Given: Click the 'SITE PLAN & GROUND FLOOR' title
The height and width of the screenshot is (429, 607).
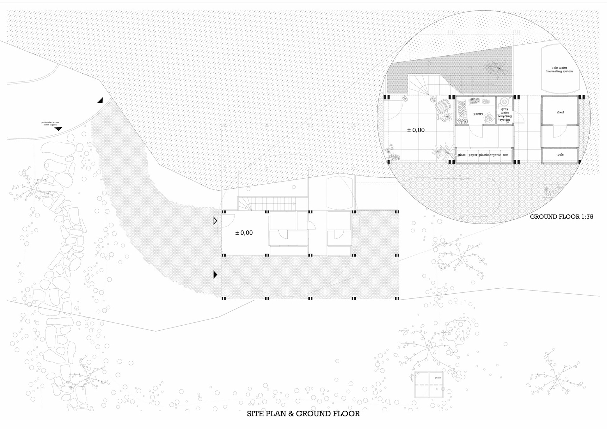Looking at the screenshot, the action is pos(303,414).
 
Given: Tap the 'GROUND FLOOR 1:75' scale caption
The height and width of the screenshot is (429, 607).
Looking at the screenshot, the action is pos(561,217).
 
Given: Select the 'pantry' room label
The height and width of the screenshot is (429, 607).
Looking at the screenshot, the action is pos(478,114).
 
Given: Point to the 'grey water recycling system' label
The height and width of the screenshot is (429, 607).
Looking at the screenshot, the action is pos(505,114).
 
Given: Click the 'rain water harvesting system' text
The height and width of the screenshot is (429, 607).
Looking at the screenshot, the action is pos(559,70).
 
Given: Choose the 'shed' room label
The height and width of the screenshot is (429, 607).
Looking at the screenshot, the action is pos(560,112).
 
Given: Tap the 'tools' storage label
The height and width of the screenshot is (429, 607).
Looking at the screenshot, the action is pos(560,155).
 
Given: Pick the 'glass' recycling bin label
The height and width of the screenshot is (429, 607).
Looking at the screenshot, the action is pos(462,155).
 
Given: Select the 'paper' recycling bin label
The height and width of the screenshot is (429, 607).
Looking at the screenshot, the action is pos(473,155).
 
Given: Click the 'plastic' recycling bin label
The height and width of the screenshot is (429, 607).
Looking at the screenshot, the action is pos(484,155).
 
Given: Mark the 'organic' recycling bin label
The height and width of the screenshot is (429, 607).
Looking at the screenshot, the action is pos(495,155).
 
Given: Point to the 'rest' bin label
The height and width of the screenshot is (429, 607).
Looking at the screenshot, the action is pos(506,155).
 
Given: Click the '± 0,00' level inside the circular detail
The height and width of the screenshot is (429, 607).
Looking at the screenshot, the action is pos(416,130).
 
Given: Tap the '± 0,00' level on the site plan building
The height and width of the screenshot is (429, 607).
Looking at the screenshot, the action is pos(244,233).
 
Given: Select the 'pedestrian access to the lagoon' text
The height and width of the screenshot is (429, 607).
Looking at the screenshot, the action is pos(50,123).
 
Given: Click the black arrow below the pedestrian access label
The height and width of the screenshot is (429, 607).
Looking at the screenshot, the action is pos(58,129).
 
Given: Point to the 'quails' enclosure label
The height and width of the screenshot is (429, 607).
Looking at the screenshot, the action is pos(438,378).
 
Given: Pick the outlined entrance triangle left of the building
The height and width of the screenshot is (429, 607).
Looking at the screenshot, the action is pos(215,221).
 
